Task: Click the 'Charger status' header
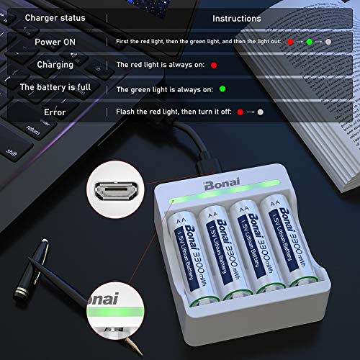coord(54,17)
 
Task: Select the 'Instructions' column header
coord(237,17)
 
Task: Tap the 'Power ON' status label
coord(54,42)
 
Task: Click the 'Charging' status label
coord(55,65)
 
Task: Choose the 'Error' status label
coord(55,112)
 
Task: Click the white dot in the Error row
coord(260,112)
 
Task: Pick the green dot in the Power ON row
coord(309,42)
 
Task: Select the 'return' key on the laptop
coord(33,130)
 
